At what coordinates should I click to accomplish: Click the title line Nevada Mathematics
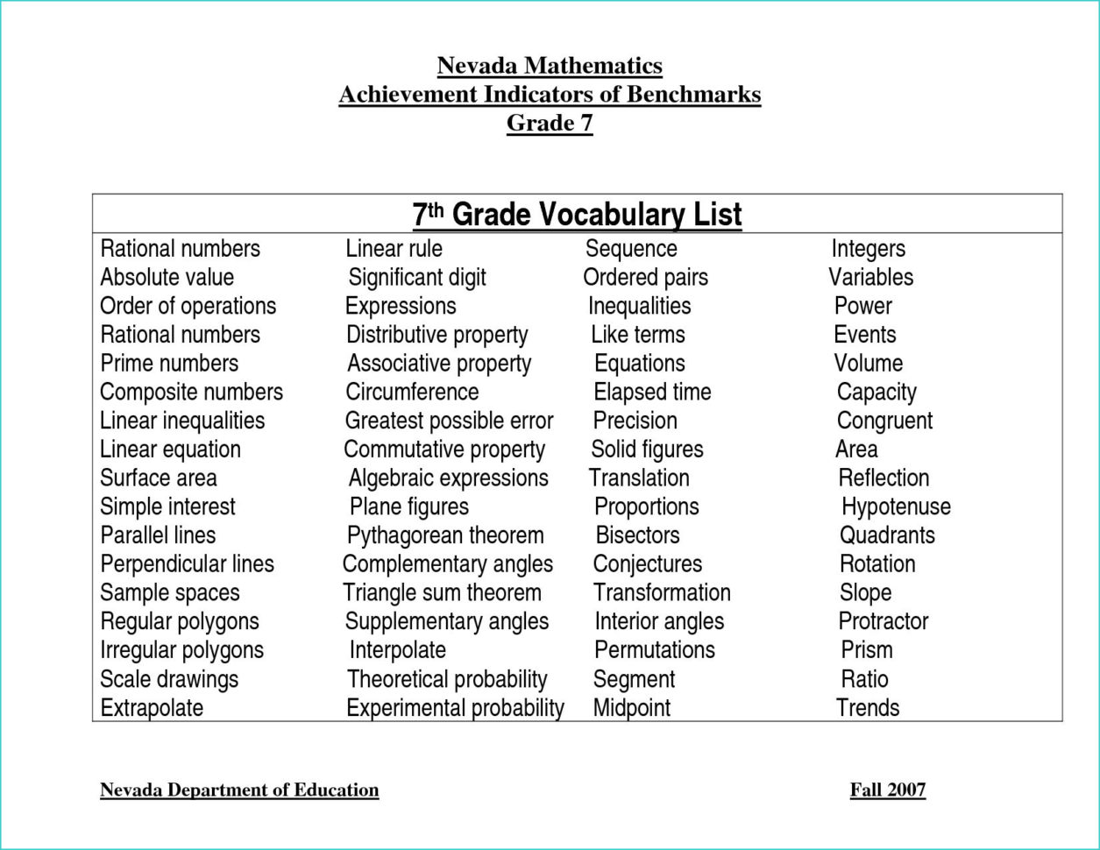click(x=550, y=66)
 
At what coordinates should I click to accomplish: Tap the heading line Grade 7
click(x=550, y=123)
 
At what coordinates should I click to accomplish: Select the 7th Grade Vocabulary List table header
click(x=577, y=215)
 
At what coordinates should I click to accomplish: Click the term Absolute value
click(x=167, y=278)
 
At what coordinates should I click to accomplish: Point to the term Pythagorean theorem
click(x=445, y=535)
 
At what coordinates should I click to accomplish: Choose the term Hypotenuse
click(x=896, y=506)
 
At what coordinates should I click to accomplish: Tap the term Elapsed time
click(x=652, y=392)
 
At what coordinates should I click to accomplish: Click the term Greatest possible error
click(x=449, y=421)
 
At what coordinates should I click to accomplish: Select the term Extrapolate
click(x=152, y=708)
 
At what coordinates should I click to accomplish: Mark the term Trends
click(x=868, y=708)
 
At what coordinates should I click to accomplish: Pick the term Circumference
click(x=412, y=392)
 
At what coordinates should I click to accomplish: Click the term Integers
click(x=868, y=249)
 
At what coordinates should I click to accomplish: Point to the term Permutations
click(x=654, y=650)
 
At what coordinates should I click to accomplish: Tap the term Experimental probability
click(x=455, y=708)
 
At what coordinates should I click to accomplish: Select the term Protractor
click(x=883, y=621)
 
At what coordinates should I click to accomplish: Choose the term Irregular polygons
click(x=181, y=650)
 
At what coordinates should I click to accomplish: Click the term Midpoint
click(x=631, y=708)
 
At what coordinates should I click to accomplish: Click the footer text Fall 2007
click(x=887, y=790)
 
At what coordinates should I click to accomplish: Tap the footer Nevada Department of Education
click(x=239, y=790)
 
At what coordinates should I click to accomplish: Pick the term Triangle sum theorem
click(x=442, y=593)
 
